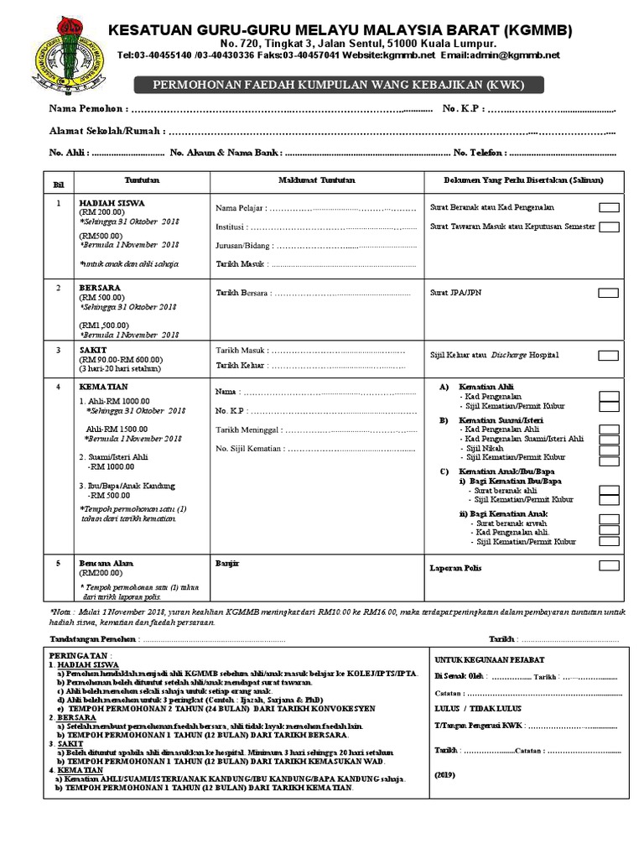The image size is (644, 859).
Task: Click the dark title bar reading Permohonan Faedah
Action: tap(340, 85)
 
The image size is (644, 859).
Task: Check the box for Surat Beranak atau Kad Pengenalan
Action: tap(609, 207)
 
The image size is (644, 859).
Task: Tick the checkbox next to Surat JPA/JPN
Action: tap(609, 293)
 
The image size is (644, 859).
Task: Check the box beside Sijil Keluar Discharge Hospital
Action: tap(609, 356)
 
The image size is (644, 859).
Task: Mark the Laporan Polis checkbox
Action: tap(609, 566)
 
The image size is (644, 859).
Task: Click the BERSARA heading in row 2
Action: tap(100, 287)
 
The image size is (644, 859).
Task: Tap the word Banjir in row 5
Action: tap(227, 564)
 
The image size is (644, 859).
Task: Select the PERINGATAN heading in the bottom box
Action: tap(80, 655)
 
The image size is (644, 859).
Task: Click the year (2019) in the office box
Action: tap(444, 775)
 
